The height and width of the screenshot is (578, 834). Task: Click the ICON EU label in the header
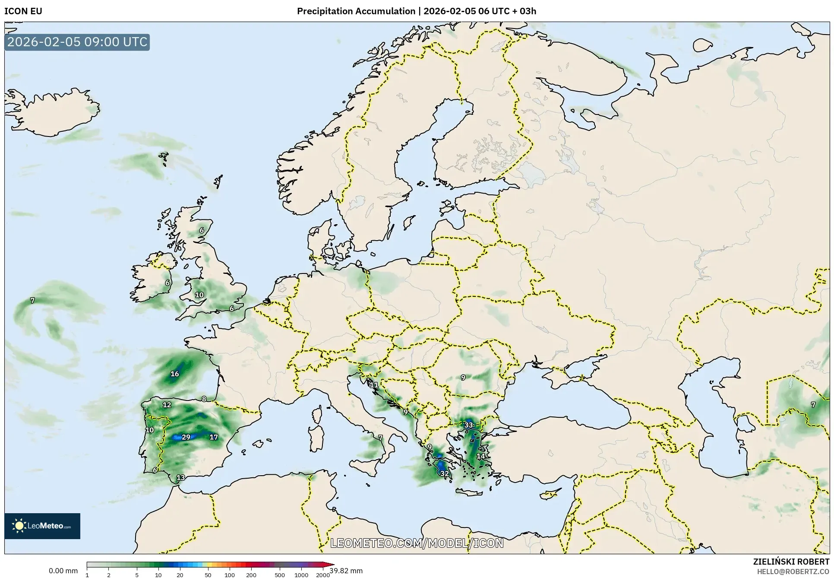click(x=23, y=11)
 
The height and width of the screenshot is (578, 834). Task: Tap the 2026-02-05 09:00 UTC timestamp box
click(x=77, y=42)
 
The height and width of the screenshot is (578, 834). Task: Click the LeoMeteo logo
click(x=42, y=526)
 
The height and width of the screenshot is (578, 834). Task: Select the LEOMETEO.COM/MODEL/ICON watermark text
click(x=417, y=543)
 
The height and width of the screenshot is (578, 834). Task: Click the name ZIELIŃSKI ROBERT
click(x=791, y=562)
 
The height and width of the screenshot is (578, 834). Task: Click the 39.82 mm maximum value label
click(x=346, y=571)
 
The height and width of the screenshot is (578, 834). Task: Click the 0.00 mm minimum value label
click(x=63, y=571)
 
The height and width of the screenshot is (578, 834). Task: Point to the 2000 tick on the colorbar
click(x=323, y=575)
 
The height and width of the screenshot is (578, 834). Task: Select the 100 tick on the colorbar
click(x=230, y=575)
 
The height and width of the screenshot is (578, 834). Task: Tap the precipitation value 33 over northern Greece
click(x=469, y=425)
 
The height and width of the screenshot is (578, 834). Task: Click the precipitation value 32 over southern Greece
click(x=444, y=473)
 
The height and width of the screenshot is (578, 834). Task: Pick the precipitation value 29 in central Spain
click(x=186, y=437)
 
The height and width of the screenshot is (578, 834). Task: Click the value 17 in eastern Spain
click(x=214, y=437)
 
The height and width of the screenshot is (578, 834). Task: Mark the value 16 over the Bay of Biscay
click(x=175, y=374)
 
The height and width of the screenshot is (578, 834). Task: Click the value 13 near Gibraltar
click(x=181, y=478)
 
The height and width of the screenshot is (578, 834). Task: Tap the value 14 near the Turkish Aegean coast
click(x=480, y=456)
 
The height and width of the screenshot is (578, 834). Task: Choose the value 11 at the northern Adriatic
click(x=374, y=384)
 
